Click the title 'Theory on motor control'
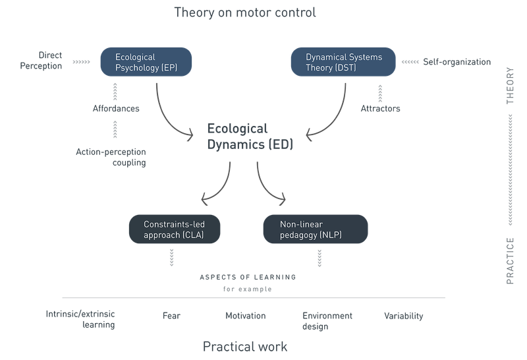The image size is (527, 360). click(x=244, y=13)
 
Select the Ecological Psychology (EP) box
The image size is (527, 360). click(x=146, y=63)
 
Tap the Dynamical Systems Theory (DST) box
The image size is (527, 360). click(x=343, y=63)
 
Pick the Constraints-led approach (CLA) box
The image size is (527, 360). click(x=175, y=229)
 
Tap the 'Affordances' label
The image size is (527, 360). click(x=116, y=109)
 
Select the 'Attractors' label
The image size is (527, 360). click(x=380, y=108)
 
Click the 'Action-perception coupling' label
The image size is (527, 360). click(x=111, y=157)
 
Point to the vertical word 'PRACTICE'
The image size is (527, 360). click(x=511, y=260)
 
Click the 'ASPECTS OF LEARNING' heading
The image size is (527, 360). click(x=247, y=277)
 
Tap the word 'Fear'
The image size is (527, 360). click(x=171, y=316)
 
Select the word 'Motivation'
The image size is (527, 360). click(x=245, y=316)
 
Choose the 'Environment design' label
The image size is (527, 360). click(x=327, y=320)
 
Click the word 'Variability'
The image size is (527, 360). click(x=403, y=316)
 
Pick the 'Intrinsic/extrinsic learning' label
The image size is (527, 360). click(x=81, y=320)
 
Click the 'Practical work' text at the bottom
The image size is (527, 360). click(x=244, y=346)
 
